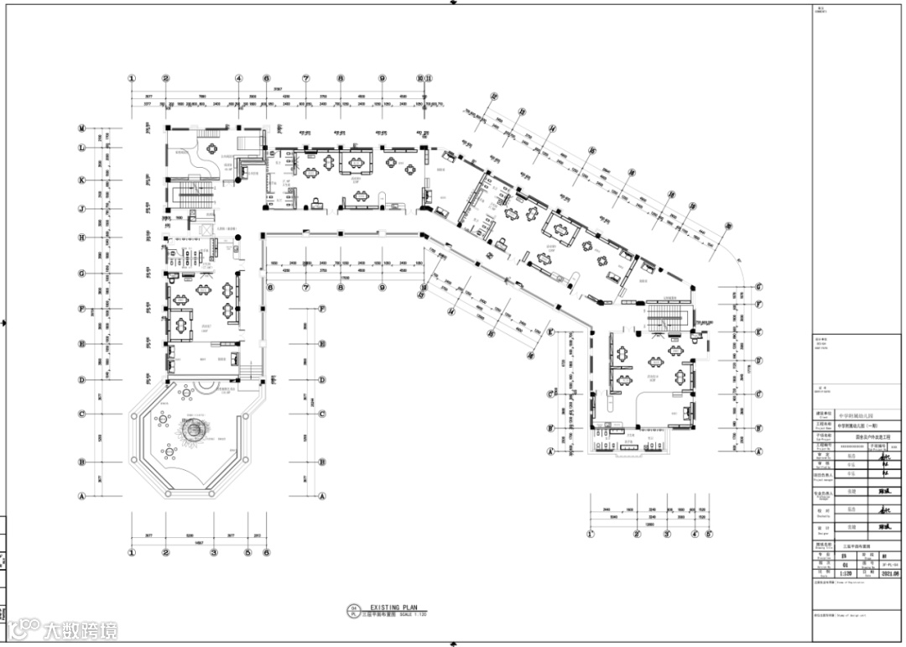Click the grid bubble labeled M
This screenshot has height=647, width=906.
click(82, 128)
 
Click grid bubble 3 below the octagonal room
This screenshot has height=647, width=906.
click(214, 552)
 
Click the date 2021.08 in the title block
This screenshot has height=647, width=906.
click(891, 574)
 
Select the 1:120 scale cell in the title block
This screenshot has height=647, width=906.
click(825, 574)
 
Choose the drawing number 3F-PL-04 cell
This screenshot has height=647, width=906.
click(890, 565)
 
